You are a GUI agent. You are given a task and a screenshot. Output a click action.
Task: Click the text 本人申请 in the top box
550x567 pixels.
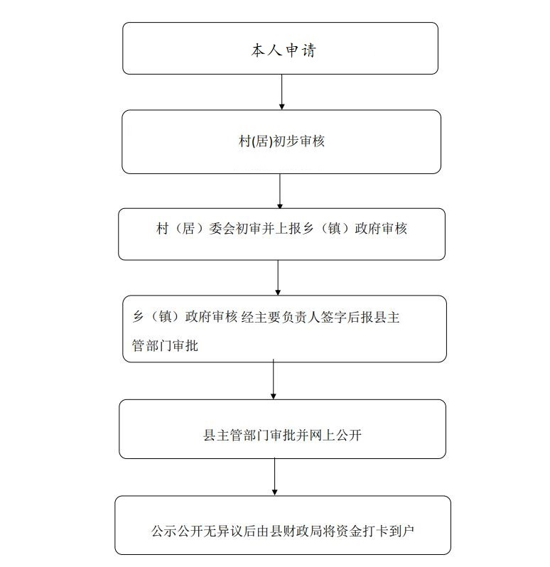coord(284,50)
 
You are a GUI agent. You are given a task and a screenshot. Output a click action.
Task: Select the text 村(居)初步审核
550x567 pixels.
coord(281,141)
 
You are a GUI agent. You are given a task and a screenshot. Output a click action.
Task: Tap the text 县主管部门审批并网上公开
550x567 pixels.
coord(282,435)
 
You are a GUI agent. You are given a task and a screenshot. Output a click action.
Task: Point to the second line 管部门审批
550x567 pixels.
coord(165,346)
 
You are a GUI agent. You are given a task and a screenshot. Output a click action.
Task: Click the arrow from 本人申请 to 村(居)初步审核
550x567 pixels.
coord(281,92)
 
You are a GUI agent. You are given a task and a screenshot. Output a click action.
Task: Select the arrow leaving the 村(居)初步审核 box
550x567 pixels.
coord(280,191)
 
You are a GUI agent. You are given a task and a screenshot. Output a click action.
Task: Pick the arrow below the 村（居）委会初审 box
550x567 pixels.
coord(278,278)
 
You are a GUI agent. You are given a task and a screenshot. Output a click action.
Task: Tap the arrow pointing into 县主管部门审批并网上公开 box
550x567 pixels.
coord(274,379)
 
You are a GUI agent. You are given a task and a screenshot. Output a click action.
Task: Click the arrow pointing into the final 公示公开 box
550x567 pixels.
coord(274,477)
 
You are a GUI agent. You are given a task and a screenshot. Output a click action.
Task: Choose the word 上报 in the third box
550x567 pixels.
coord(289,229)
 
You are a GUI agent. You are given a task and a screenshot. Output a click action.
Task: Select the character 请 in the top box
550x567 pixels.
coord(308,50)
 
